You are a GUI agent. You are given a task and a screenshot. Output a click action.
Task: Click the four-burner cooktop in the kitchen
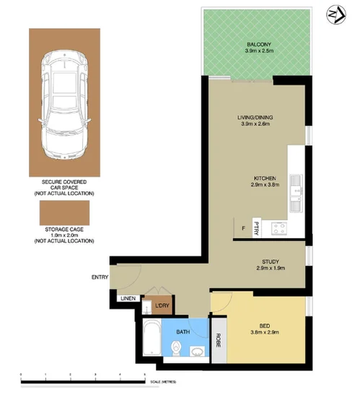click(x=280, y=228)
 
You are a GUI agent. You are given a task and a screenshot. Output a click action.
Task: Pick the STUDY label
click(x=267, y=262)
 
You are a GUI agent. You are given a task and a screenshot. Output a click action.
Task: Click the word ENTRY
click(x=100, y=277)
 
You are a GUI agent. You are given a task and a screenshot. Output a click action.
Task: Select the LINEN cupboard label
click(x=128, y=297)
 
